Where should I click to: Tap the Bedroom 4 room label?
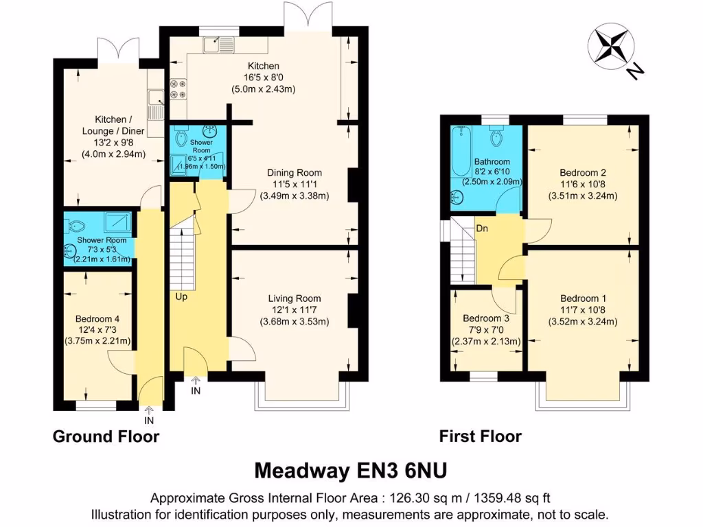tap(97, 319)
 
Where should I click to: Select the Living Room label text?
tap(295, 298)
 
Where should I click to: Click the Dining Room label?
tap(295, 172)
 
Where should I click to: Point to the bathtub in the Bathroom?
tap(458, 159)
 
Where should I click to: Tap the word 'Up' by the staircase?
tap(181, 297)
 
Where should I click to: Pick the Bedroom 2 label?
tap(583, 172)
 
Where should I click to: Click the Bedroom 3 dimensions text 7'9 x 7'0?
tap(486, 330)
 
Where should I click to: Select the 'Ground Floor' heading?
tap(106, 436)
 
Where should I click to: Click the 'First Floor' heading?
tap(481, 436)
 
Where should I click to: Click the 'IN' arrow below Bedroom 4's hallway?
tap(149, 416)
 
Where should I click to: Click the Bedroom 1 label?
tap(583, 298)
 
